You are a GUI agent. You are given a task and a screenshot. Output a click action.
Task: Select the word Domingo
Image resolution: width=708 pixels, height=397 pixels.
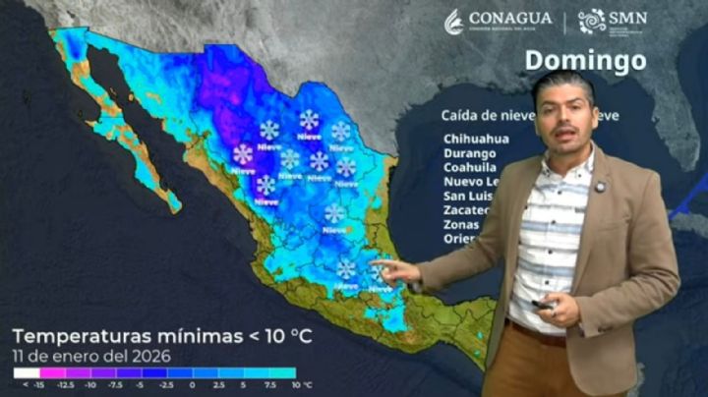coord(585,60)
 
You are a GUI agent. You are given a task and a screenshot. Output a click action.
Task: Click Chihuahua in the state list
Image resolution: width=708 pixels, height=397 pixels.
coord(476,139)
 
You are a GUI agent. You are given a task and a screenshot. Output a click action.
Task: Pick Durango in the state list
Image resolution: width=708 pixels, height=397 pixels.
coord(470,153)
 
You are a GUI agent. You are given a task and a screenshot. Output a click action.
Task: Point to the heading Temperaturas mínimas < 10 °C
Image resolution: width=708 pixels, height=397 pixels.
coord(162,336)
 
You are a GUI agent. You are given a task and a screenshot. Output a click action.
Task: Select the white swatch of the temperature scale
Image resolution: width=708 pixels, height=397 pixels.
coord(26,373)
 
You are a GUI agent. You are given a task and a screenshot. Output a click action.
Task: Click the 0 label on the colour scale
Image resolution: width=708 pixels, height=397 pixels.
coord(192,385)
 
